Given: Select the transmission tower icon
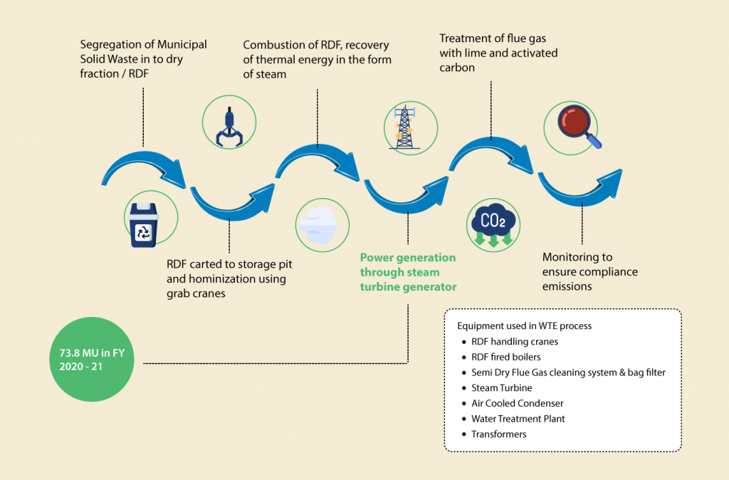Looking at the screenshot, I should pyautogui.click(x=404, y=126).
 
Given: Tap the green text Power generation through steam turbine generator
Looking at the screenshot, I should pyautogui.click(x=408, y=272).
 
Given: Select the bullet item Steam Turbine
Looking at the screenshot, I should pyautogui.click(x=501, y=388).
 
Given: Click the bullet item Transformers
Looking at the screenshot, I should pyautogui.click(x=498, y=434).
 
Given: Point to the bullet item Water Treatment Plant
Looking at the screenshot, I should pyautogui.click(x=518, y=419).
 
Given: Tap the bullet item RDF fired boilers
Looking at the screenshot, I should pyautogui.click(x=505, y=357).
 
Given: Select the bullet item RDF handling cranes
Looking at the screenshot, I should pyautogui.click(x=514, y=341).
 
